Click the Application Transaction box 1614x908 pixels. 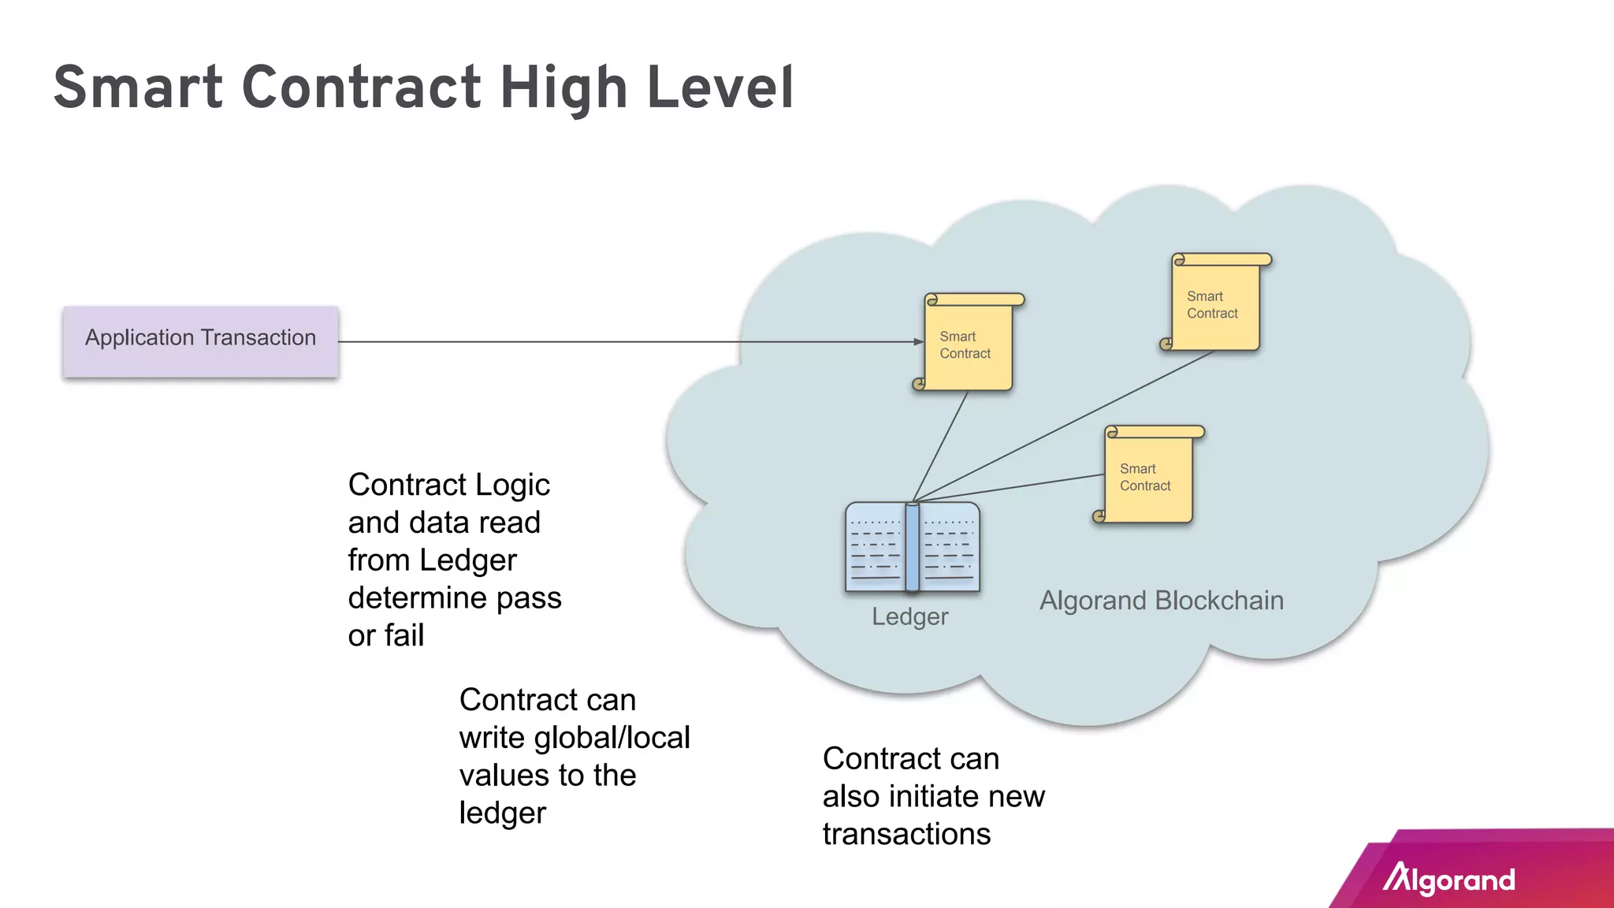tap(201, 341)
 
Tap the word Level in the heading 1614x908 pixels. tap(720, 87)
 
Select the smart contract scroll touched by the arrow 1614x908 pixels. tap(969, 344)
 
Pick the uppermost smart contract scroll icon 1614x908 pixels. tap(1216, 303)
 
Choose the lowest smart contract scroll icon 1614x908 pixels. tap(1149, 476)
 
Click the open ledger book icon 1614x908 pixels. tap(913, 547)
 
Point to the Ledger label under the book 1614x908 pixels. tap(909, 616)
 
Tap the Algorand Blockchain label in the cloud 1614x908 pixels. tap(1161, 601)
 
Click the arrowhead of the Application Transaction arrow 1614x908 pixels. tap(918, 341)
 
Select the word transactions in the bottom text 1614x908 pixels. tap(906, 834)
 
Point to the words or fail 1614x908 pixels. tap(386, 635)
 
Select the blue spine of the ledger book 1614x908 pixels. tap(913, 547)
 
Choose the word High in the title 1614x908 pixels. tap(563, 87)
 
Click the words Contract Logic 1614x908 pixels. tap(448, 485)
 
